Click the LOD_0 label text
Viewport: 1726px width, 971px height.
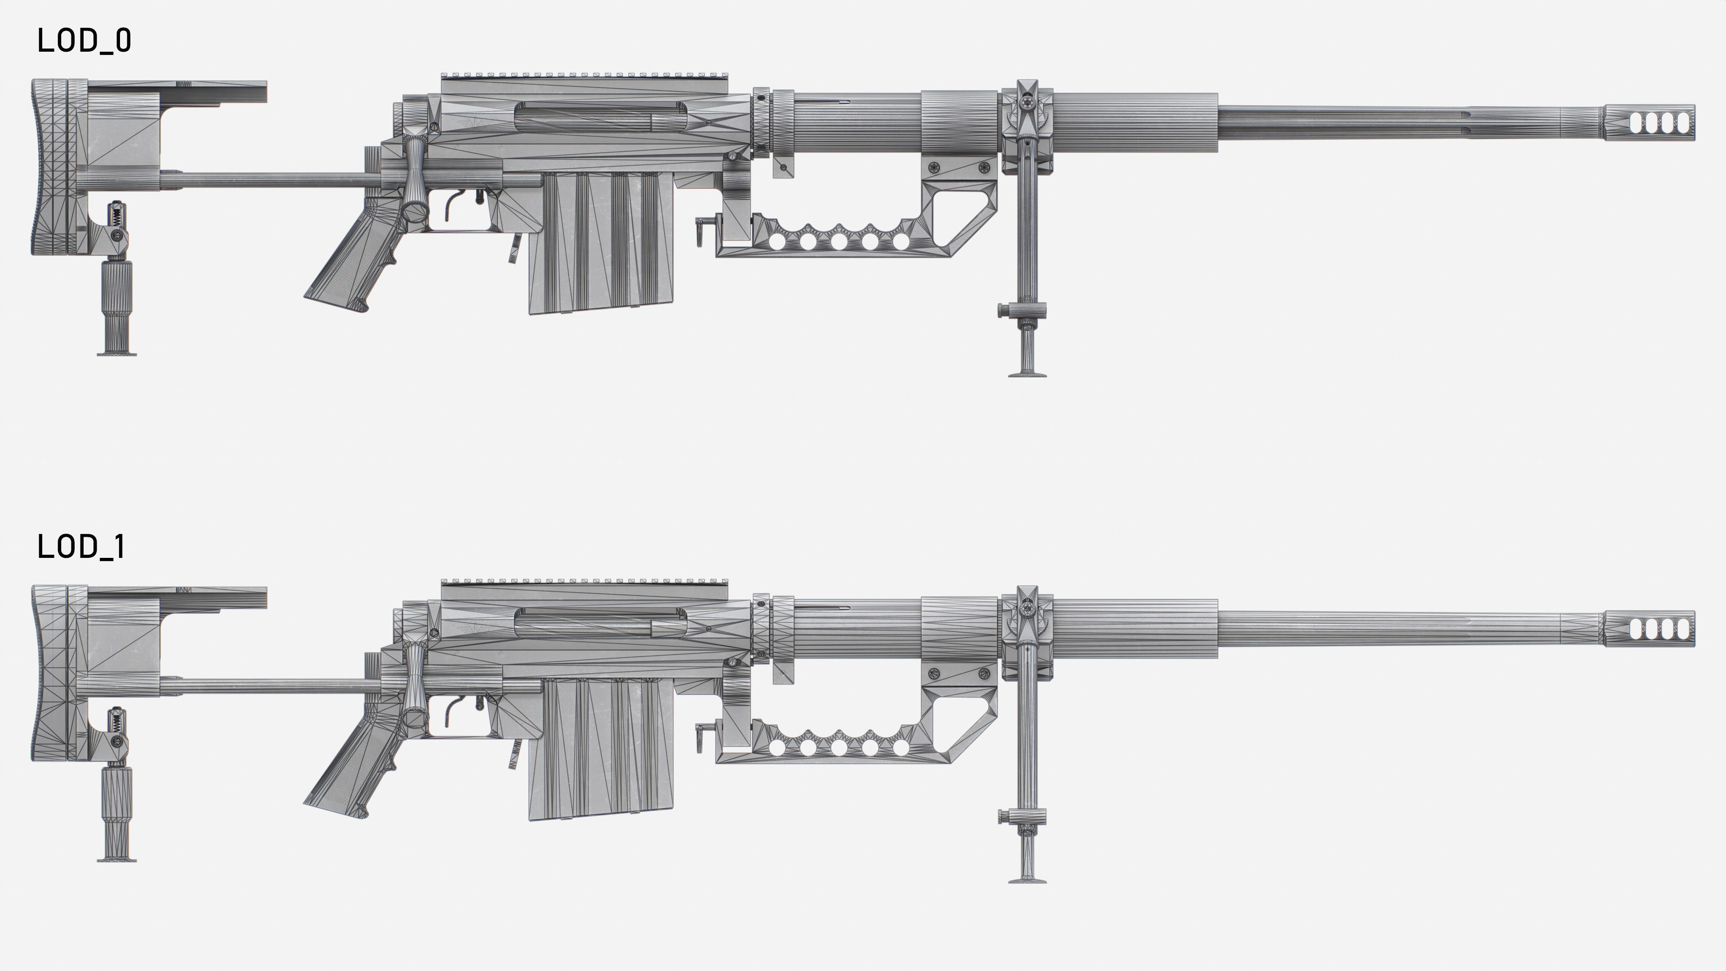pyautogui.click(x=84, y=41)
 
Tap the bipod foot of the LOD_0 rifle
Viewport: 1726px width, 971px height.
pyautogui.click(x=1027, y=373)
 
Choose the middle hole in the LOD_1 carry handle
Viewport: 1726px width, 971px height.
pyautogui.click(x=839, y=747)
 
